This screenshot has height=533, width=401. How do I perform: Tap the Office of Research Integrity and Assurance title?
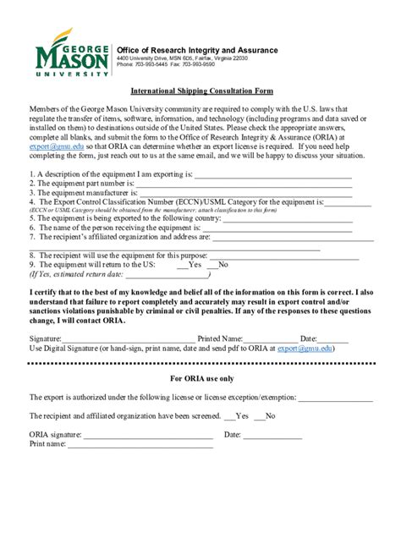(x=196, y=50)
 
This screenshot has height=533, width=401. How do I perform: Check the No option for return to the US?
(x=218, y=264)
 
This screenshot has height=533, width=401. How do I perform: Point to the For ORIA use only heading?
(x=201, y=378)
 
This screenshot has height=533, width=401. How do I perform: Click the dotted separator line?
(x=201, y=362)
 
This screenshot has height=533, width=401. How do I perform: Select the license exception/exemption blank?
(x=335, y=397)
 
